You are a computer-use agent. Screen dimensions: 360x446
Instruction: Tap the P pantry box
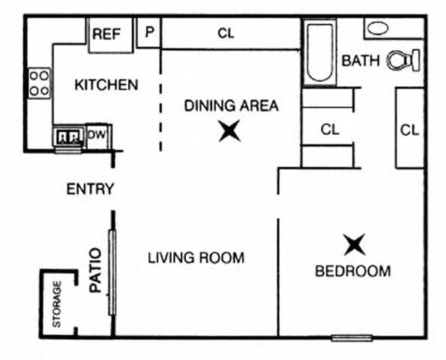(x=149, y=32)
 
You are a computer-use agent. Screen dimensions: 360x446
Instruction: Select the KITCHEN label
(x=106, y=85)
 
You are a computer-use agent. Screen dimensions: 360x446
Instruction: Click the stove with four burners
(x=40, y=83)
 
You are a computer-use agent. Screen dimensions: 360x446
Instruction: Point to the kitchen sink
(x=68, y=136)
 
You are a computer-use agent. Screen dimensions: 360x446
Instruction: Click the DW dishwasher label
(x=97, y=135)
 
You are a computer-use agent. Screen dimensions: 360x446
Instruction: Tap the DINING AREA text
(x=231, y=106)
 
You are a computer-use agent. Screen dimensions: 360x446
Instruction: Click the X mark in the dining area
(x=229, y=132)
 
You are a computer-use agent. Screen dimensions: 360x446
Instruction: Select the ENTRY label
(x=90, y=189)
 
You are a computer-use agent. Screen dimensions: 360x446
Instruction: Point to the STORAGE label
(x=57, y=304)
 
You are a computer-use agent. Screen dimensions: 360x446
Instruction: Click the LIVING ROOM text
(x=196, y=259)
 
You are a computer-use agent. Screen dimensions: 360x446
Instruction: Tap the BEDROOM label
(x=352, y=271)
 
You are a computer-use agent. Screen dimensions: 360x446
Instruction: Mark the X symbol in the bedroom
(x=354, y=244)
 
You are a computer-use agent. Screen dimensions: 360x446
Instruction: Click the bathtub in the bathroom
(x=320, y=54)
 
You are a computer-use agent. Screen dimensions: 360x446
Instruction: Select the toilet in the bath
(x=403, y=60)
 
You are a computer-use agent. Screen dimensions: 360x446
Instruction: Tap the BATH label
(x=361, y=61)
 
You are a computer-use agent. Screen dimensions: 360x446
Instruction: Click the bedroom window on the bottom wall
(x=352, y=338)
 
